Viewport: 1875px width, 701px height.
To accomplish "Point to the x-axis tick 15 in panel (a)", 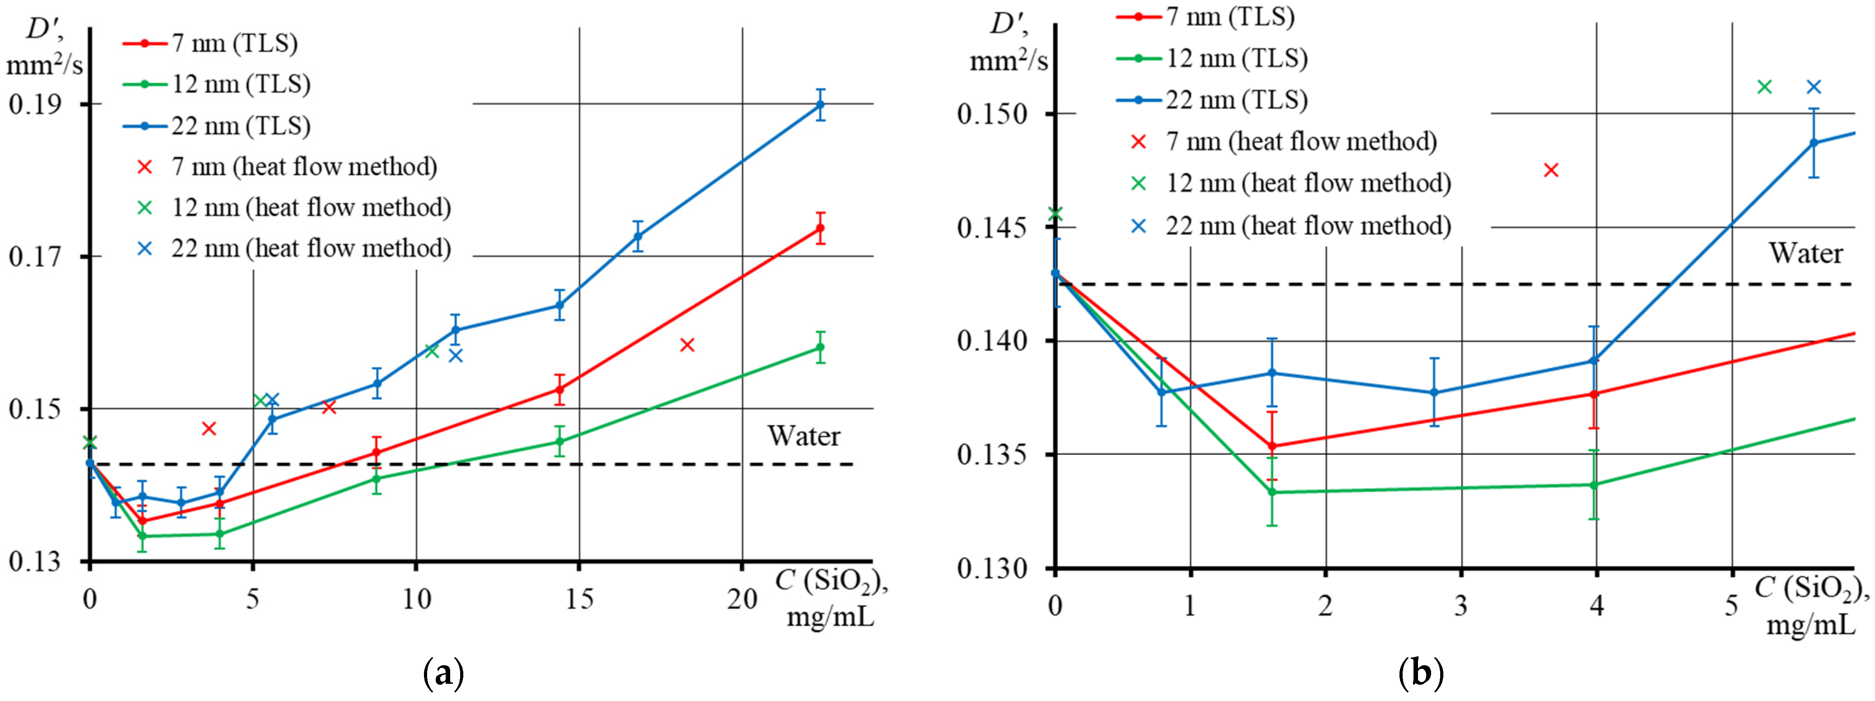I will pos(580,599).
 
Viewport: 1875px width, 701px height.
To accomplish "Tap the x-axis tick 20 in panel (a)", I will pos(742,599).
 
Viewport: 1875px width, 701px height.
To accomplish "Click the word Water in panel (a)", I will pos(804,436).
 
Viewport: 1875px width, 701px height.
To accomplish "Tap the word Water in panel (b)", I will pos(1806,253).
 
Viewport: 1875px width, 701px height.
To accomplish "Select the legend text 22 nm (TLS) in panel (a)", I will pos(241,126).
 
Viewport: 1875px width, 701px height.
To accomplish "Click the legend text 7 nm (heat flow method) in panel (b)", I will pos(1301,141).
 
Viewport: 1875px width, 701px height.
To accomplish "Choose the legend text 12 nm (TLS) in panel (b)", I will pos(1237,58).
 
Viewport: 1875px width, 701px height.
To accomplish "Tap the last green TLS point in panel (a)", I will pos(820,347).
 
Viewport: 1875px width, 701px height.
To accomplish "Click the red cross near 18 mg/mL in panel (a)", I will pos(687,345).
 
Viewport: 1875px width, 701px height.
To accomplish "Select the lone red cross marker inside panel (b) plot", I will pos(1551,170).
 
